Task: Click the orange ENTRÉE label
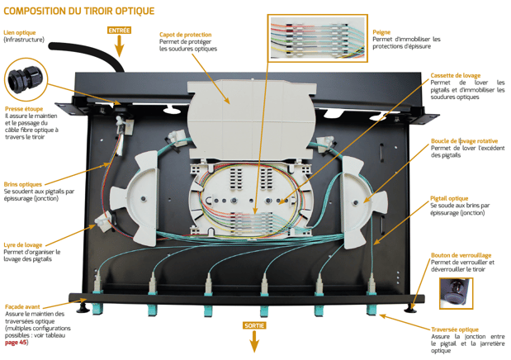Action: pos(119,30)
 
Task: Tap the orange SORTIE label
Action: pos(254,325)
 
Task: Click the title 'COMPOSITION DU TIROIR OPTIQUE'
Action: pos(79,11)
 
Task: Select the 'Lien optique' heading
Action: pos(20,33)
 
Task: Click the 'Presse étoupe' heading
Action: pos(24,108)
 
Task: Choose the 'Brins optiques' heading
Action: pos(23,183)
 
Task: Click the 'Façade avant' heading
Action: pos(23,306)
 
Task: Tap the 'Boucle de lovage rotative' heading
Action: pos(463,141)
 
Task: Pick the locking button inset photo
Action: pos(455,292)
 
